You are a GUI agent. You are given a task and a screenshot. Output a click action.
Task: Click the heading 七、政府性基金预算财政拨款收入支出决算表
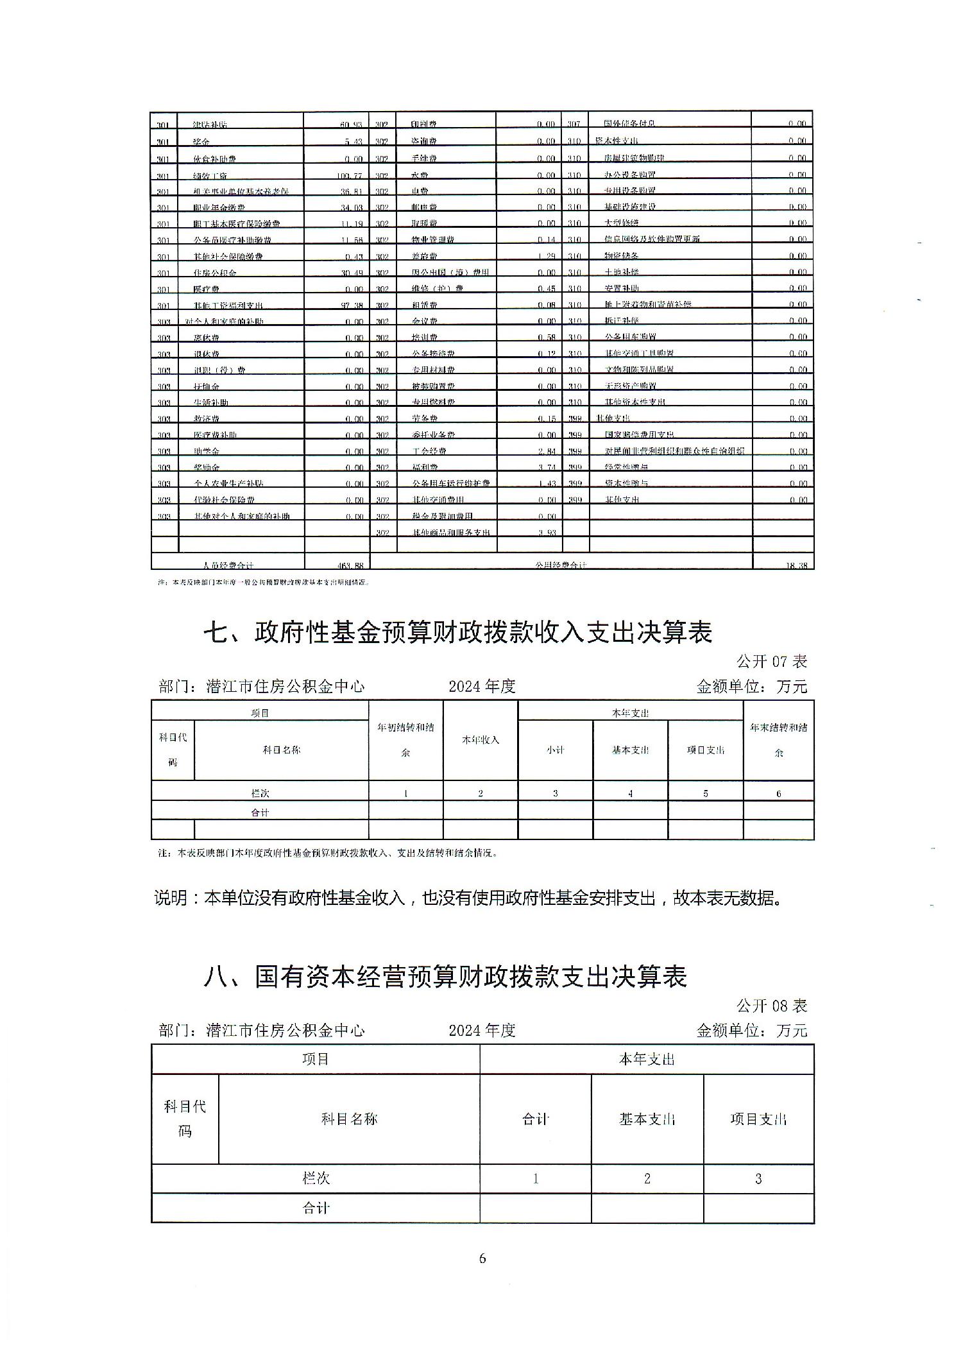pyautogui.click(x=457, y=633)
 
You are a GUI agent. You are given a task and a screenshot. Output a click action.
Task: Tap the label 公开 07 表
pyautogui.click(x=772, y=661)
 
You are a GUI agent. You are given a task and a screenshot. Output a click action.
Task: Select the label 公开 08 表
pyautogui.click(x=772, y=1005)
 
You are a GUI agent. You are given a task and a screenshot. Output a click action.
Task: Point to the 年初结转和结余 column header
pyautogui.click(x=405, y=739)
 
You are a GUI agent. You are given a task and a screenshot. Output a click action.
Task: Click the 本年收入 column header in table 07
pyautogui.click(x=481, y=739)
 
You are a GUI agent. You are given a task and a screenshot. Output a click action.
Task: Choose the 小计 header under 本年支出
pyautogui.click(x=555, y=750)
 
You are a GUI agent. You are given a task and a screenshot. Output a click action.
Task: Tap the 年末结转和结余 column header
pyautogui.click(x=779, y=739)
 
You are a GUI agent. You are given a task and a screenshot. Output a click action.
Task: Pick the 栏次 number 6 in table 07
pyautogui.click(x=779, y=793)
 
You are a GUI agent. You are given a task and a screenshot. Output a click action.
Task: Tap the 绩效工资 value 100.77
pyautogui.click(x=350, y=175)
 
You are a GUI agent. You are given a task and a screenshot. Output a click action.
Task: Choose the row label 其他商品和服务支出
pyautogui.click(x=451, y=532)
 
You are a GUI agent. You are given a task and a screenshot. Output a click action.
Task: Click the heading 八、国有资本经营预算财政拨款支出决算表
pyautogui.click(x=445, y=977)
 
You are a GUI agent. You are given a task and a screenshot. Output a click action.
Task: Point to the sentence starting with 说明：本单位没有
pyautogui.click(x=468, y=897)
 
